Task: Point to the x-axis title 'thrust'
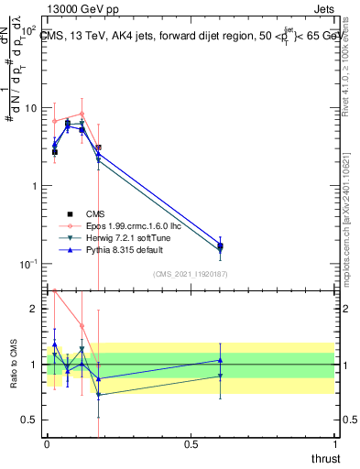pyautogui.click(x=326, y=458)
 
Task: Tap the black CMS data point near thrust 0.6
pyautogui.click(x=220, y=245)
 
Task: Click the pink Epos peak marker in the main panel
pyautogui.click(x=82, y=115)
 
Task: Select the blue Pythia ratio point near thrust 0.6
pyautogui.click(x=220, y=360)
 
